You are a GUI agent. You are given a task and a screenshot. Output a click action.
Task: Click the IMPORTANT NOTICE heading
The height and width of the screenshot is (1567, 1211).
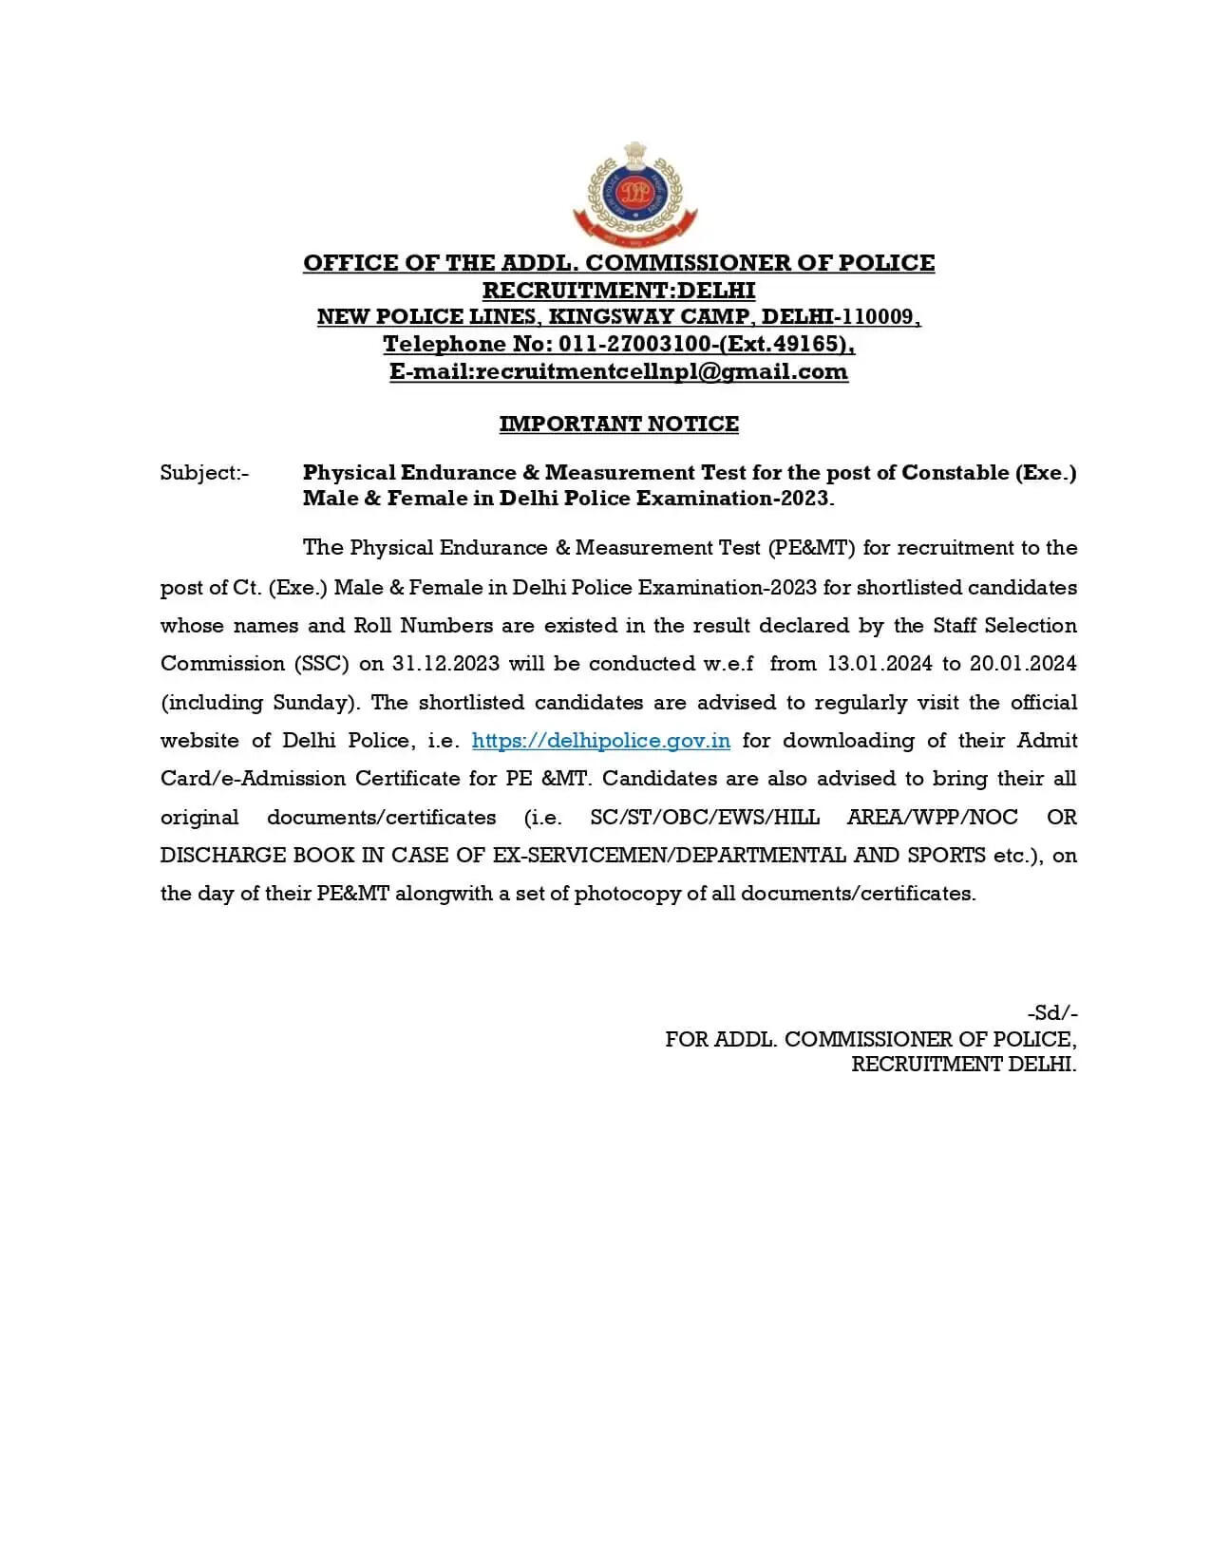618,424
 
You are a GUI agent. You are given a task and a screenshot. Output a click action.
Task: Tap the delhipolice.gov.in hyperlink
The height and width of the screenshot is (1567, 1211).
600,741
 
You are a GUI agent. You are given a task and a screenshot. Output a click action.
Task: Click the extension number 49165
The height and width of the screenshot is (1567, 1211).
807,344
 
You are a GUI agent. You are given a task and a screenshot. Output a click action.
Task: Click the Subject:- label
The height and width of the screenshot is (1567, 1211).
204,473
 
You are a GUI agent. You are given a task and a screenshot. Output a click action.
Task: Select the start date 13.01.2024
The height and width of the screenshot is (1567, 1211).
880,664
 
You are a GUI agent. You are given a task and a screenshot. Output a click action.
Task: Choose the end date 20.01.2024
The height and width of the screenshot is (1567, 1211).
1023,664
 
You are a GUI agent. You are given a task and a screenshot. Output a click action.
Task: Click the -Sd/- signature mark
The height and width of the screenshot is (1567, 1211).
1051,1013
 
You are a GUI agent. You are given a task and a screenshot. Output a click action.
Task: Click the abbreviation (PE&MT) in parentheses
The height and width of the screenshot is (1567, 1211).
811,548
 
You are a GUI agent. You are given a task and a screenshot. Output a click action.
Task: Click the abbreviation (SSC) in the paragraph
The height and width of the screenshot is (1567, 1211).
321,664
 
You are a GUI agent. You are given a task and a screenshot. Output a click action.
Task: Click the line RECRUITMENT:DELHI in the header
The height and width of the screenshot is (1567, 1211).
618,290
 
